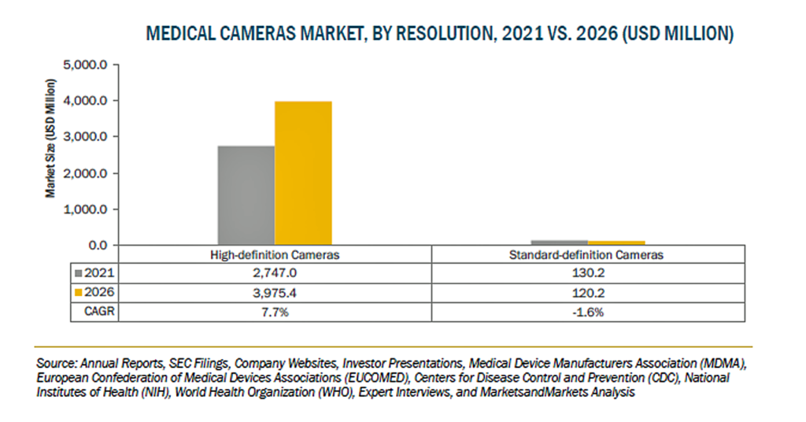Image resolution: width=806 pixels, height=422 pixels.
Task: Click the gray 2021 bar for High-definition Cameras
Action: (x=246, y=195)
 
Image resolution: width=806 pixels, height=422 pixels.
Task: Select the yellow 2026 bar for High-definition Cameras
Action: (x=303, y=173)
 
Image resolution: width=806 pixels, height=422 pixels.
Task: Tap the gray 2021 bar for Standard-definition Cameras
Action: (x=560, y=242)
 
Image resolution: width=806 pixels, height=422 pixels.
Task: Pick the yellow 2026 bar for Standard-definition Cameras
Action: (x=616, y=242)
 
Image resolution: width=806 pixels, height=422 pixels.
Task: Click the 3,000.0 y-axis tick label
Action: (x=85, y=137)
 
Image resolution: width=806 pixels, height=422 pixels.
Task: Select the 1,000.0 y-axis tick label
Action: (x=85, y=209)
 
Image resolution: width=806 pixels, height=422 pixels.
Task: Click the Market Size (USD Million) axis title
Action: (x=50, y=139)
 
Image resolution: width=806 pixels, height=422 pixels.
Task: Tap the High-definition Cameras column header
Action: (x=275, y=255)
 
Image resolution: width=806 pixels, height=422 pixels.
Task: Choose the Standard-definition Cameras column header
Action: (x=586, y=255)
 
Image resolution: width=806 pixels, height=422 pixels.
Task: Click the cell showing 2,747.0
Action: (x=275, y=273)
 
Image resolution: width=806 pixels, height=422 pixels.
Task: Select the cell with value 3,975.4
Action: (x=275, y=293)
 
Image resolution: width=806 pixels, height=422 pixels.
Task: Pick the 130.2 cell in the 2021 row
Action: (x=588, y=273)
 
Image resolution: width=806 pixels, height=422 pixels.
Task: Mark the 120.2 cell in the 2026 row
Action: (x=588, y=293)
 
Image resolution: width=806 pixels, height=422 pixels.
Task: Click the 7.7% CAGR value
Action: (x=275, y=312)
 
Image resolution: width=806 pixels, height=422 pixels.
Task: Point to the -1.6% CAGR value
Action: (x=588, y=312)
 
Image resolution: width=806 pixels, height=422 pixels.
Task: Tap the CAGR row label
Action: (x=99, y=312)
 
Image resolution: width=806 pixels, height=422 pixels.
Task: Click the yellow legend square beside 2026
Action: (x=78, y=292)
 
